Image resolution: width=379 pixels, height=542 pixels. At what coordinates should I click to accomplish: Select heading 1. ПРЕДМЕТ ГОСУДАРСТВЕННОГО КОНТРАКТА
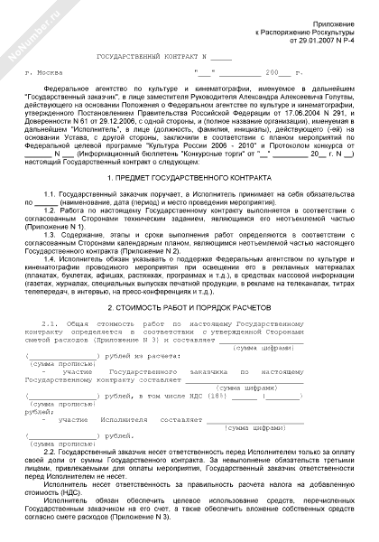coord(189,179)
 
